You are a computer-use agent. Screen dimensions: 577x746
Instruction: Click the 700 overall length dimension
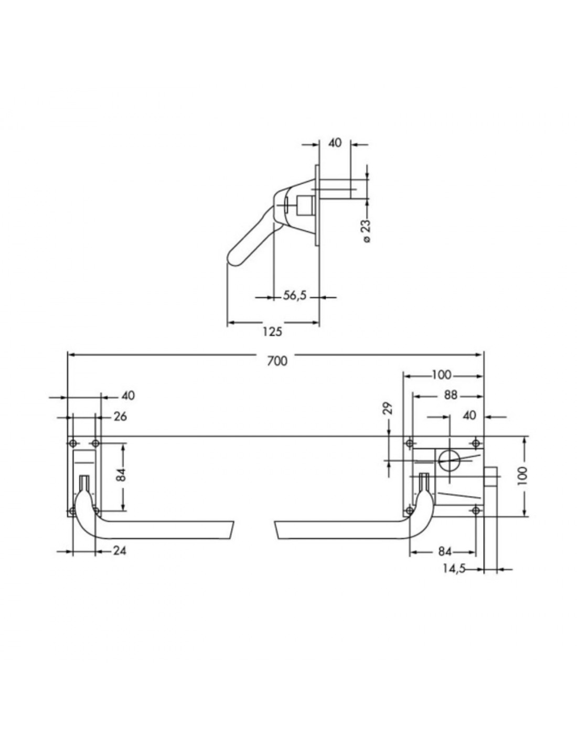(x=277, y=361)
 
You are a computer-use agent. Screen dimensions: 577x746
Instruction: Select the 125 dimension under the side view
(x=272, y=332)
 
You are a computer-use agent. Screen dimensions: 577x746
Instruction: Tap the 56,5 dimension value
(x=294, y=295)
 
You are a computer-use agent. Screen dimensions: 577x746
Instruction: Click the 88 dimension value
(x=451, y=396)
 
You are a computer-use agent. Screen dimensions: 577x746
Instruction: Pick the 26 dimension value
(x=120, y=417)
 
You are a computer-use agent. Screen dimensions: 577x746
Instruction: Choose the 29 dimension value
(x=389, y=409)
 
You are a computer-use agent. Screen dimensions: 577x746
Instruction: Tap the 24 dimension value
(x=120, y=550)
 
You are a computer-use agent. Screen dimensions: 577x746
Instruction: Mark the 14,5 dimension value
(x=453, y=569)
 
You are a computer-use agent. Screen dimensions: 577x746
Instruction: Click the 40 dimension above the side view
(x=335, y=143)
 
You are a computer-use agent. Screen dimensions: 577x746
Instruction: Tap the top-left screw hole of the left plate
(x=72, y=443)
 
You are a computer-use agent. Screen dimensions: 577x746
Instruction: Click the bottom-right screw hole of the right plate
(x=475, y=511)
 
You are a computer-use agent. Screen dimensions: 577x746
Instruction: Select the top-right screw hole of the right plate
(x=475, y=443)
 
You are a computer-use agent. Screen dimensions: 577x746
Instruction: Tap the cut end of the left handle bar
(x=231, y=530)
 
